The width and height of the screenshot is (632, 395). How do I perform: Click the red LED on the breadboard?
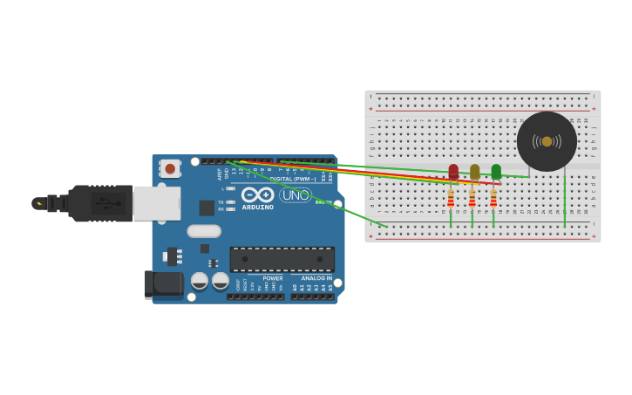(x=453, y=172)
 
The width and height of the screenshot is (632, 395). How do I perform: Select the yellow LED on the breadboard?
(x=474, y=172)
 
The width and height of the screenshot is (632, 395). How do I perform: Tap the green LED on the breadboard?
(x=496, y=172)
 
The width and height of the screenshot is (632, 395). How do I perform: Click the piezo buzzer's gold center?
(x=547, y=141)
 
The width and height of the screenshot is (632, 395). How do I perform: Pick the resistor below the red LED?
(x=451, y=199)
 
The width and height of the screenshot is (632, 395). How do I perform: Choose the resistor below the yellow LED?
(x=472, y=199)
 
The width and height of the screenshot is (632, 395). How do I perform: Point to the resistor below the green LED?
(x=493, y=199)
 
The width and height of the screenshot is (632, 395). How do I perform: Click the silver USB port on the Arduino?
(x=157, y=203)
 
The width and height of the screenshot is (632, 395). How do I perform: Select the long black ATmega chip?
(x=282, y=259)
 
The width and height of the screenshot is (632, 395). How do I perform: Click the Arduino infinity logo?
(x=258, y=194)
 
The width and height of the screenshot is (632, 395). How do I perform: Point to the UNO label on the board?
(x=296, y=194)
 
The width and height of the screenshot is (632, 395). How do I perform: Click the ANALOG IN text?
(x=316, y=278)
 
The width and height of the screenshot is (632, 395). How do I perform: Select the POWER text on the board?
(x=273, y=278)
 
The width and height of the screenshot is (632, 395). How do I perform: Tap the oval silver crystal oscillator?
(x=204, y=231)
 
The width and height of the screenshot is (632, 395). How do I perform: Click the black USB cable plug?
(x=100, y=203)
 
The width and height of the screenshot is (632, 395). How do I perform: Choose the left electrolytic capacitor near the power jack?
(x=200, y=281)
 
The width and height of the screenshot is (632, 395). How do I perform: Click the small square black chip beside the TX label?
(x=207, y=208)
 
